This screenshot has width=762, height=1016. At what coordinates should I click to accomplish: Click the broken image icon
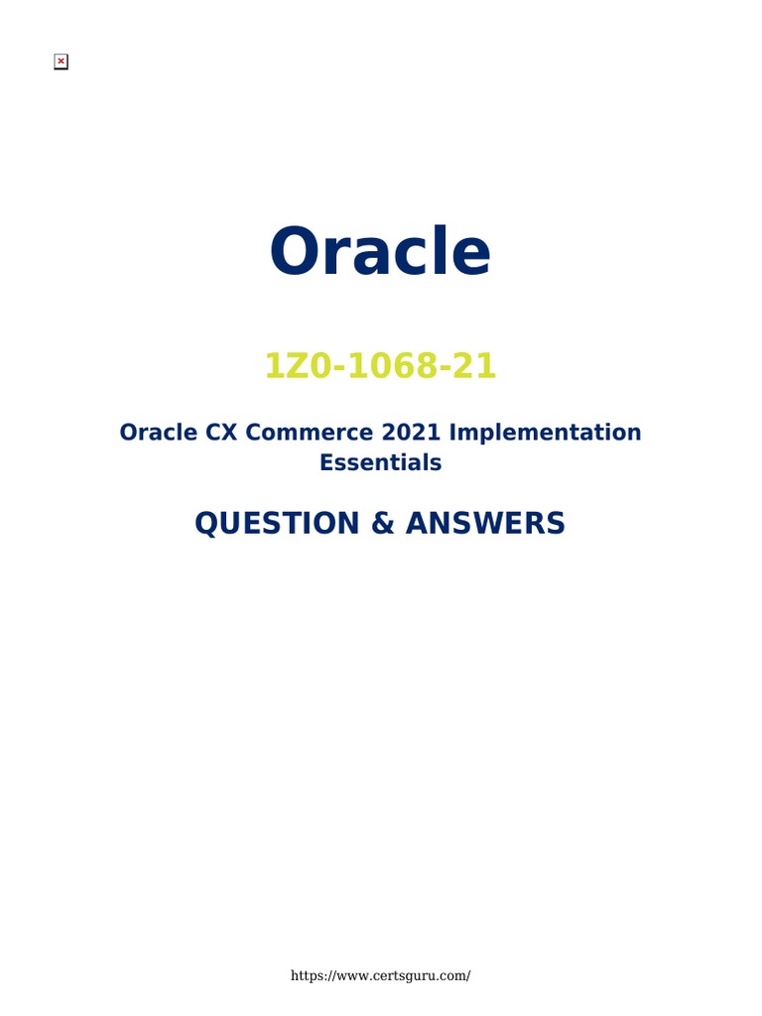pos(61,63)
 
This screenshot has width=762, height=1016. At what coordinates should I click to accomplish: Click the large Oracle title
pos(380,252)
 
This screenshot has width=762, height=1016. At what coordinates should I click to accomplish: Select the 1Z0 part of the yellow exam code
pos(290,367)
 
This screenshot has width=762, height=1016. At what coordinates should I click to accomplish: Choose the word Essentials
pos(380,462)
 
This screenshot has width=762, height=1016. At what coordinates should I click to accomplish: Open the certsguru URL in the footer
pos(380,975)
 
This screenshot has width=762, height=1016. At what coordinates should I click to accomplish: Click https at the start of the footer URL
pos(306,975)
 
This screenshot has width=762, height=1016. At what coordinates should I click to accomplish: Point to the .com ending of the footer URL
pos(451,975)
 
